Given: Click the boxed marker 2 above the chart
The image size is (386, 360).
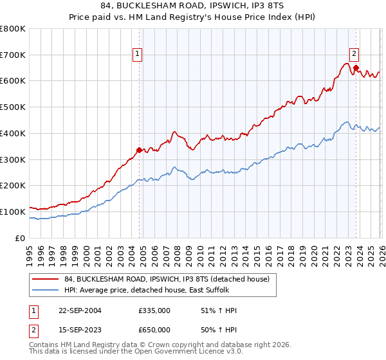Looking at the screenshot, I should tap(354, 55).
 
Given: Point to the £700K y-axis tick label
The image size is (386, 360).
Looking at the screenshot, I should tap(13, 55).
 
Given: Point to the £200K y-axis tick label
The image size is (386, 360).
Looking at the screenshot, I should tap(13, 186).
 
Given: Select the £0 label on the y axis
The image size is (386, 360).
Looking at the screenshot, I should tap(19, 238).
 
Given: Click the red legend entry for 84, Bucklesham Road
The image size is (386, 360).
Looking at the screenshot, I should tap(170, 279).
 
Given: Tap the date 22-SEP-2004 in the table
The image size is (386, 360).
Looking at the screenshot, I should tap(80, 310).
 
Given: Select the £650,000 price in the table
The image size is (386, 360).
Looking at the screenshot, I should tap(154, 329).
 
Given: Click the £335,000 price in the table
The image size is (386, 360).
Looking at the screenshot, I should tap(154, 310).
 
